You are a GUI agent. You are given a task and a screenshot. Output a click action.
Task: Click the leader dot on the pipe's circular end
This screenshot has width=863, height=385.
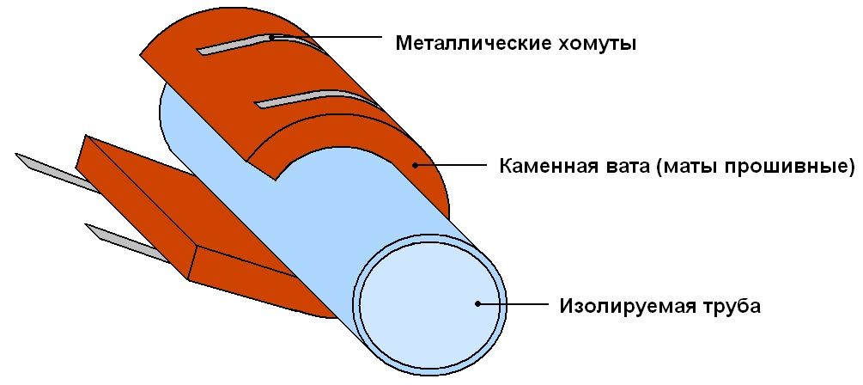[478, 304]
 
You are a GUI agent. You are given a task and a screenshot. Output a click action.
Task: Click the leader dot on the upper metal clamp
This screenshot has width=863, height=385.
[272, 38]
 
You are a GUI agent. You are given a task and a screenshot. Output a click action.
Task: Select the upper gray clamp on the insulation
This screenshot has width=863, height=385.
[258, 43]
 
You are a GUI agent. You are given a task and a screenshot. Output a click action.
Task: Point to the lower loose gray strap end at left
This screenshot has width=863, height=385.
[126, 243]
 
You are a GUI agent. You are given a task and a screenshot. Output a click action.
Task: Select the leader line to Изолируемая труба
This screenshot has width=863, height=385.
[514, 304]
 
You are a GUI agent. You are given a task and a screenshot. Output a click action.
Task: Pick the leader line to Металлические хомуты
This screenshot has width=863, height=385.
[326, 37]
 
